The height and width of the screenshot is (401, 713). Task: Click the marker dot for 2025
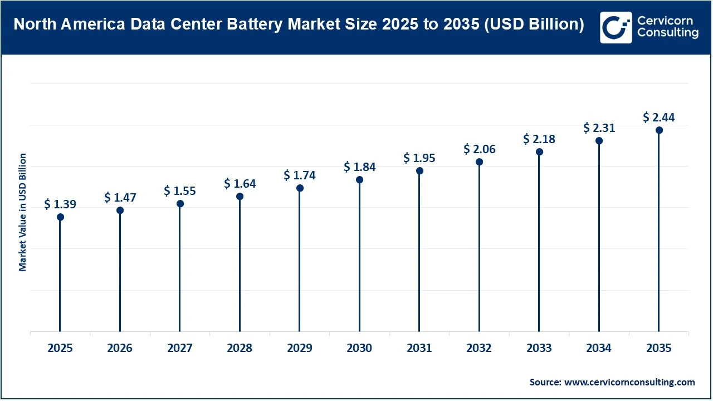point(60,217)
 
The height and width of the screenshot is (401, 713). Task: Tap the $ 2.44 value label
point(659,117)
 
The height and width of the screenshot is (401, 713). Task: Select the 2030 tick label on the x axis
point(359,349)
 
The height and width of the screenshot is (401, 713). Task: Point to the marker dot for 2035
point(659,130)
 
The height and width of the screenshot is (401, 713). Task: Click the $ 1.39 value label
point(60,204)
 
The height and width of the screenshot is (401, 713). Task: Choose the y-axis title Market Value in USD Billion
point(23,212)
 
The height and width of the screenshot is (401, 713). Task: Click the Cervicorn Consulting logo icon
point(616,27)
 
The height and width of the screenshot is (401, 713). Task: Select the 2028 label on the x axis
point(240,349)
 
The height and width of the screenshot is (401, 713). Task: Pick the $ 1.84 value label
point(359,167)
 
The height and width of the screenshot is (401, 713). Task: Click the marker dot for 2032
point(479,162)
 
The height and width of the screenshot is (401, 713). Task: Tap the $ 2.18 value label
point(539,139)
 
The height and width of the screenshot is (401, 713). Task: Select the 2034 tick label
point(599,349)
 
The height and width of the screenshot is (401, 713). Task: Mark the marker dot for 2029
point(300,188)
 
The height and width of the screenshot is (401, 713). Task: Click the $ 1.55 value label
point(180,190)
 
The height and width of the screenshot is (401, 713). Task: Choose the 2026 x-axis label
point(120,349)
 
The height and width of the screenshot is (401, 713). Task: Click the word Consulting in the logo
point(667,33)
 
